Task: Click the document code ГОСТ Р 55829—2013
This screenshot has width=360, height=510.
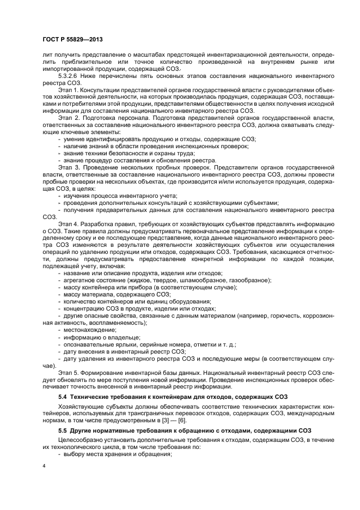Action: tap(73, 40)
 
